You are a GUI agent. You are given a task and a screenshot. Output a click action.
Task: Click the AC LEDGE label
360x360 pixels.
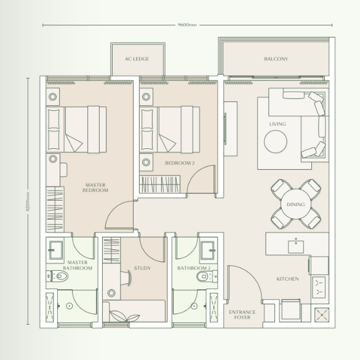pyautogui.click(x=137, y=59)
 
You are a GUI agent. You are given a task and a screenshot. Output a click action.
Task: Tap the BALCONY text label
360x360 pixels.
pyautogui.click(x=276, y=59)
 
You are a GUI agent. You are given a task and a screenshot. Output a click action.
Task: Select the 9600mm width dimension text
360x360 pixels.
pyautogui.click(x=188, y=25)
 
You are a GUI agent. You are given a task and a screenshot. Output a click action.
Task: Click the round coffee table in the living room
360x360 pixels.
pyautogui.click(x=276, y=142)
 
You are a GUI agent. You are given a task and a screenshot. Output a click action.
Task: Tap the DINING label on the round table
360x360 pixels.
pyautogui.click(x=296, y=204)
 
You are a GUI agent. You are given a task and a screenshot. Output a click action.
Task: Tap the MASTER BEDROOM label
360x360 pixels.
pyautogui.click(x=95, y=188)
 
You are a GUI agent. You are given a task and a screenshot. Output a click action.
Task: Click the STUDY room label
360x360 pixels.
pyautogui.click(x=142, y=268)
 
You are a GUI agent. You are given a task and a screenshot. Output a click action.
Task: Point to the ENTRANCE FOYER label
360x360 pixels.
pyautogui.click(x=242, y=315)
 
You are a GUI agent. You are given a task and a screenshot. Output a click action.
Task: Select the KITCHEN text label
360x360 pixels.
pyautogui.click(x=287, y=279)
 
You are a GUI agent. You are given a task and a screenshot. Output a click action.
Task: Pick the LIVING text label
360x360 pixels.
pyautogui.click(x=278, y=124)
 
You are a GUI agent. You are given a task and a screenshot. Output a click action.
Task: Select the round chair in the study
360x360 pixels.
pyautogui.click(x=112, y=292)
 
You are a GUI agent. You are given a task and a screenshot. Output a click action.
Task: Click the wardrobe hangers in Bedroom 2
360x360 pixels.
pyautogui.click(x=160, y=183)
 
